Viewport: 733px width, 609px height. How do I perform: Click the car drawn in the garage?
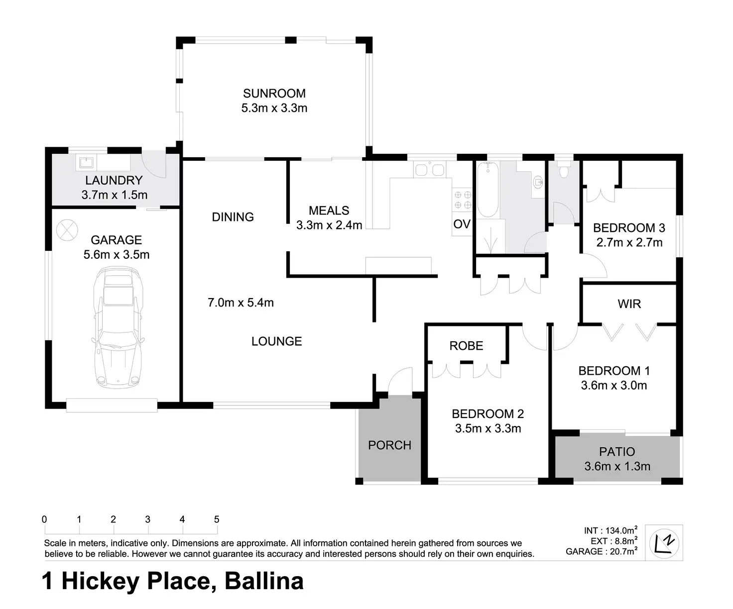pyautogui.click(x=118, y=327)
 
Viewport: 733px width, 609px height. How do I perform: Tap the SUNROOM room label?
pyautogui.click(x=274, y=94)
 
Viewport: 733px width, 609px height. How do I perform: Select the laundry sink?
pyautogui.click(x=86, y=163)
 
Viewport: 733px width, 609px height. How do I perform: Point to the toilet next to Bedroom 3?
pyautogui.click(x=564, y=170)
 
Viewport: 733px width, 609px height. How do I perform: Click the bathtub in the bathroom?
pyautogui.click(x=488, y=190)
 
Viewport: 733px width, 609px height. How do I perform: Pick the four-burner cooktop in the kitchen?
pyautogui.click(x=463, y=200)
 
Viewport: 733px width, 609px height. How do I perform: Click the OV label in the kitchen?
pyautogui.click(x=462, y=224)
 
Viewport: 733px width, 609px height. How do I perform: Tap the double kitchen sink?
pyautogui.click(x=430, y=170)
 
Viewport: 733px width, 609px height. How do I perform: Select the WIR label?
pyautogui.click(x=629, y=304)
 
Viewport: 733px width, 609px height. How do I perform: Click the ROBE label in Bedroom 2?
pyautogui.click(x=466, y=346)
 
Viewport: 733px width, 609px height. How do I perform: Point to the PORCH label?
pyautogui.click(x=390, y=445)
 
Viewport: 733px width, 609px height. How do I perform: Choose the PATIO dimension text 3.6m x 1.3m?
pyautogui.click(x=617, y=466)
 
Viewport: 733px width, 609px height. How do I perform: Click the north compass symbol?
pyautogui.click(x=664, y=543)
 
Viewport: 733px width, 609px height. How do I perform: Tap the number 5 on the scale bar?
pyautogui.click(x=217, y=519)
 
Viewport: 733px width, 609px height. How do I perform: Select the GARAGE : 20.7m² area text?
pyautogui.click(x=602, y=551)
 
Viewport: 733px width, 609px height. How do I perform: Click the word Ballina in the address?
pyautogui.click(x=264, y=581)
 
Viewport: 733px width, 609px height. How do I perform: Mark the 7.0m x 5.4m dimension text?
pyautogui.click(x=241, y=303)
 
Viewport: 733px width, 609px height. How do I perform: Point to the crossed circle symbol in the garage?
pyautogui.click(x=67, y=230)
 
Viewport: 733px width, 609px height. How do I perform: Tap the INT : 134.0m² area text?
pyautogui.click(x=611, y=530)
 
